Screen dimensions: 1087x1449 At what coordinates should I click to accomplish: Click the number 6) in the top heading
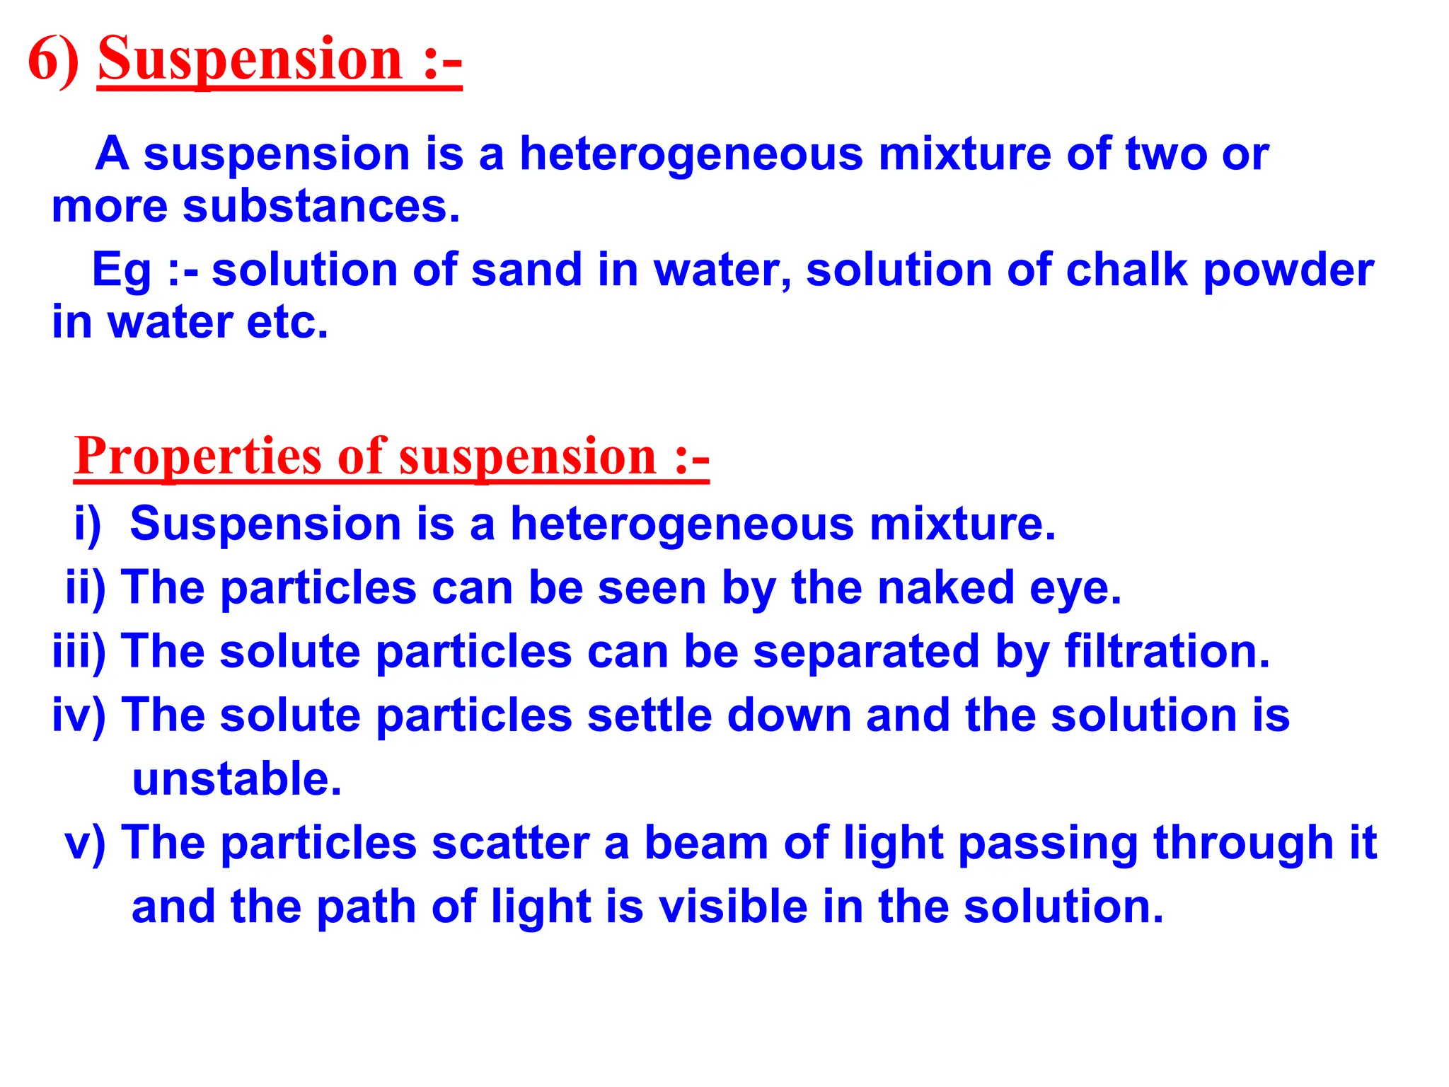pos(54,61)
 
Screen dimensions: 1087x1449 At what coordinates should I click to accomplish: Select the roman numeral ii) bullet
pos(86,589)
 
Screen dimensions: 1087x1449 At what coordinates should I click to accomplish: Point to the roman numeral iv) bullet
pos(79,715)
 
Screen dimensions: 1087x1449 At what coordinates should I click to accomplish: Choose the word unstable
pos(237,779)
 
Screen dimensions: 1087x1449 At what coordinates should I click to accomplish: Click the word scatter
pos(510,844)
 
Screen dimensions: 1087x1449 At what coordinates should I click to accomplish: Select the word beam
pos(706,844)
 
